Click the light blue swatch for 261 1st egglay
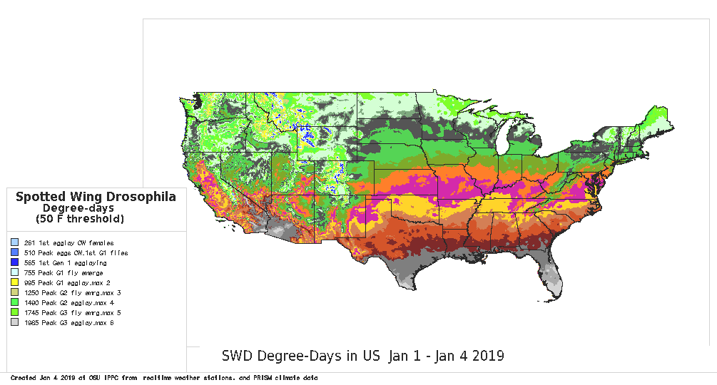pyautogui.click(x=15, y=243)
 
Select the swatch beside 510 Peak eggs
pyautogui.click(x=15, y=253)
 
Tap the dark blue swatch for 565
pyautogui.click(x=15, y=263)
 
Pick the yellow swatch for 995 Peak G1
pyautogui.click(x=15, y=283)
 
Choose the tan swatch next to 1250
pyautogui.click(x=15, y=293)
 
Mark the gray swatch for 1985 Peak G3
pyautogui.click(x=15, y=323)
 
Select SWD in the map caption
pyautogui.click(x=235, y=355)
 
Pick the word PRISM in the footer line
pyautogui.click(x=256, y=377)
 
